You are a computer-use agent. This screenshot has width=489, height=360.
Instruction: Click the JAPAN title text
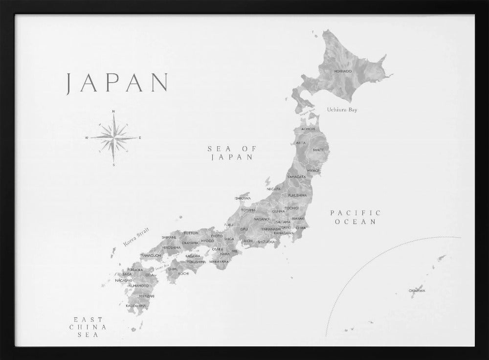(x=117, y=83)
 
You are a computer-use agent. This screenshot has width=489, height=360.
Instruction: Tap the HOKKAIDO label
(x=343, y=71)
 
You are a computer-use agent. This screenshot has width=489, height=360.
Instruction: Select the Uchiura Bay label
(x=342, y=110)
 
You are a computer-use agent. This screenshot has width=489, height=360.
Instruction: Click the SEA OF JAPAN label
(x=232, y=153)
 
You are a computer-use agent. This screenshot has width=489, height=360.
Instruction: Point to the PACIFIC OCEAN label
(x=355, y=217)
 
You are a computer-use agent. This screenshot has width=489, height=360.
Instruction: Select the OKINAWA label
(x=417, y=291)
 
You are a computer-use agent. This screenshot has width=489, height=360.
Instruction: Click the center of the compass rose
(x=113, y=138)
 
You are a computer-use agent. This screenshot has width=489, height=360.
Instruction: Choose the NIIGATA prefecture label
(x=274, y=189)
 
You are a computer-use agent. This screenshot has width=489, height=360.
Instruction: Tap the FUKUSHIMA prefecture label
(x=297, y=195)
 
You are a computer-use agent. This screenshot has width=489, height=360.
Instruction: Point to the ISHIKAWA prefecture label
(x=243, y=198)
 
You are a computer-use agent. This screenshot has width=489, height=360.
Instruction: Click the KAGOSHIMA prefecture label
(x=135, y=306)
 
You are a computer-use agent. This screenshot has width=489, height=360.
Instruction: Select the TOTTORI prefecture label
(x=191, y=233)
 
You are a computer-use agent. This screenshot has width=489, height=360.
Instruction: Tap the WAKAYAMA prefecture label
(x=219, y=262)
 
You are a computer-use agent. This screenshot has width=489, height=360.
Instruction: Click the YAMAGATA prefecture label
(x=296, y=176)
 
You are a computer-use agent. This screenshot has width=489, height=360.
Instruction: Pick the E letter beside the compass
(x=140, y=138)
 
